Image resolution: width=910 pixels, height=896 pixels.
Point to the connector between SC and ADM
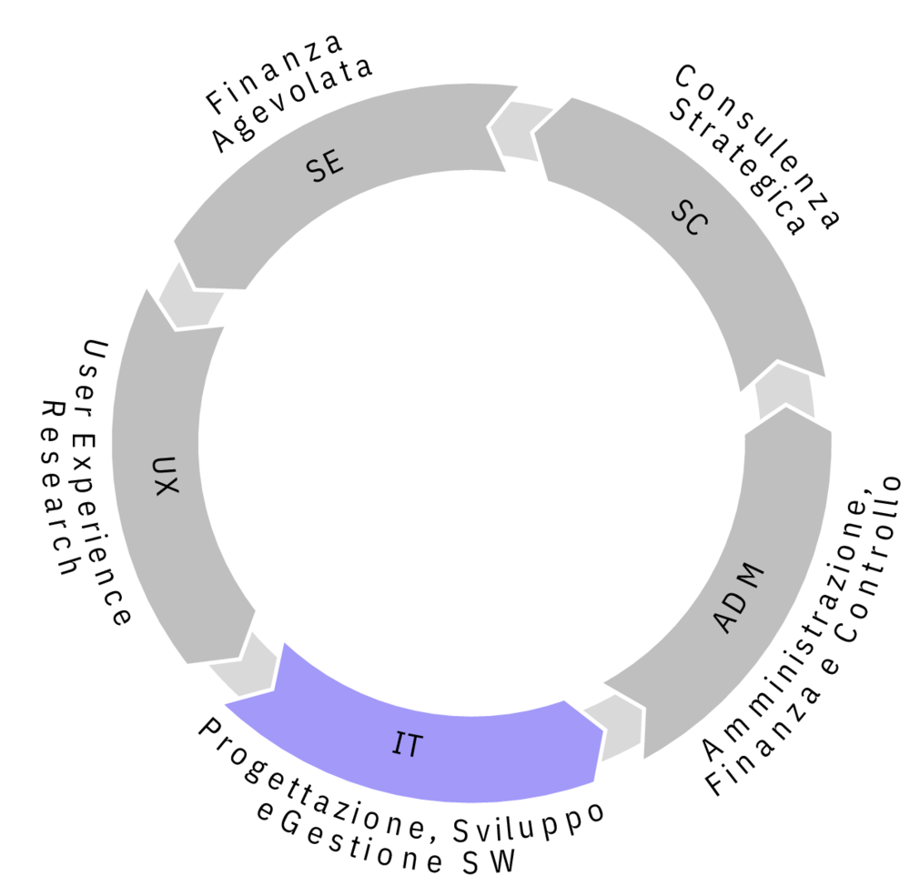[x=784, y=391]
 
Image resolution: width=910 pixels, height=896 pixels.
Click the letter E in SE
[x=335, y=163]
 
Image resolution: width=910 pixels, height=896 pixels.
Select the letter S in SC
[x=681, y=211]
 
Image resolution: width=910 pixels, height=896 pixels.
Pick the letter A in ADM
[x=724, y=622]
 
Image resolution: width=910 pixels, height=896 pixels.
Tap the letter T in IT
[x=413, y=747]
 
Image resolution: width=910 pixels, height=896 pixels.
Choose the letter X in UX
[x=165, y=486]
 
